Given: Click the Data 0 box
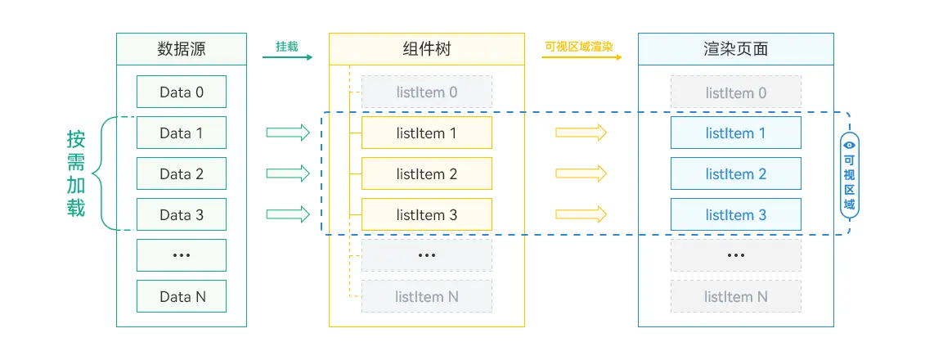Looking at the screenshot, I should click(x=181, y=92).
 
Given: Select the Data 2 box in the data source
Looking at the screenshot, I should click(x=181, y=173).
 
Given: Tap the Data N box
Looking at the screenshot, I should click(x=181, y=296).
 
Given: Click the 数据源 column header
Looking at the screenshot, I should click(x=181, y=49).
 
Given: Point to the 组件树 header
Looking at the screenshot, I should click(x=426, y=49).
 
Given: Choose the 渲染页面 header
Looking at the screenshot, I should click(x=735, y=49).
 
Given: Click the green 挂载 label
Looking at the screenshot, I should click(x=286, y=47).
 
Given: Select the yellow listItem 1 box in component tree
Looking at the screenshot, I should click(x=426, y=133).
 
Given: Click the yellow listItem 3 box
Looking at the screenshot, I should click(x=426, y=214).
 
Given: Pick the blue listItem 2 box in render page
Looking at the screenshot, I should click(x=735, y=173).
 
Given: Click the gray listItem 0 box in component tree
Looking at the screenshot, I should click(x=426, y=92).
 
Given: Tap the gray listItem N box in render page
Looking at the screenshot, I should click(x=735, y=296).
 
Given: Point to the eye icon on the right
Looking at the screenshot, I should click(x=850, y=145).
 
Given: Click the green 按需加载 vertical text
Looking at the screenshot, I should click(x=76, y=173).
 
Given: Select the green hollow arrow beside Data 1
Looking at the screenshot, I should click(x=288, y=133).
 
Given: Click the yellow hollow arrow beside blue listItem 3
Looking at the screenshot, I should click(x=581, y=214).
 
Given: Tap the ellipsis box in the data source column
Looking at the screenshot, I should click(x=181, y=255).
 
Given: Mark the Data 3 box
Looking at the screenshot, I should click(x=181, y=214).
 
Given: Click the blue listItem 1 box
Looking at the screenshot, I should click(x=735, y=133).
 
